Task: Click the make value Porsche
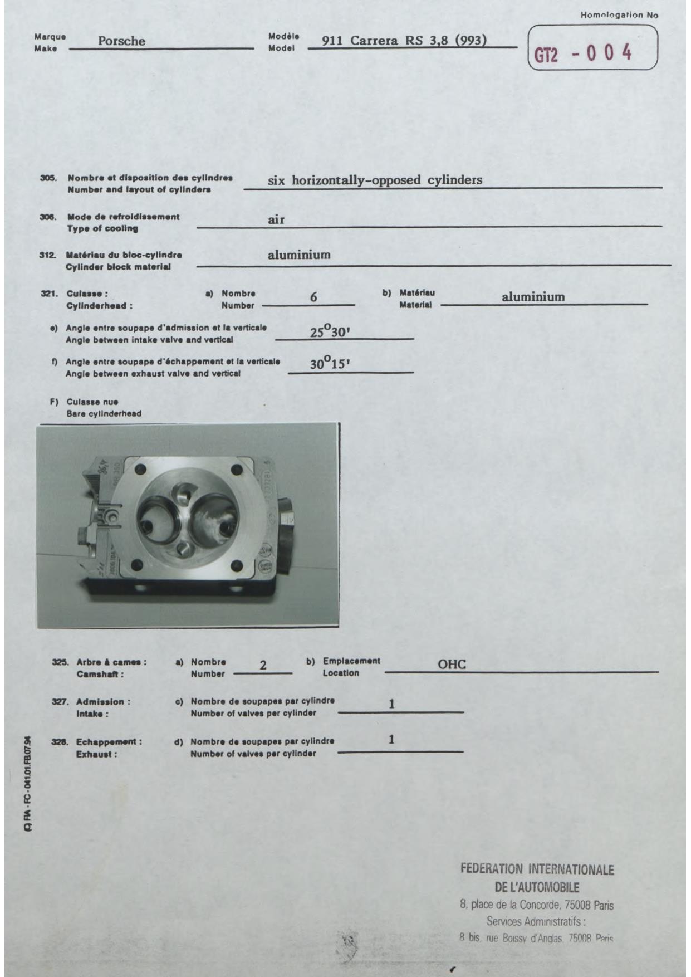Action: pos(121,41)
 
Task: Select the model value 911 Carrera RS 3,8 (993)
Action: pos(404,40)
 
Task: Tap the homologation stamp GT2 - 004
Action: pos(583,53)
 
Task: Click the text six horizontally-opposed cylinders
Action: pos(375,180)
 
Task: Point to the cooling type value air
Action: pos(276,219)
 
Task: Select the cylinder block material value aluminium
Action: pos(299,255)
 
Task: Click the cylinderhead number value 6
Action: pos(313,297)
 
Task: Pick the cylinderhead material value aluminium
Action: pos(533,296)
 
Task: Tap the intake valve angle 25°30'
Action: pos(330,332)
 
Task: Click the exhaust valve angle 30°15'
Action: pos(330,364)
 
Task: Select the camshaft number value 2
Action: pos(263,665)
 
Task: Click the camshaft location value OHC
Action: pos(452,664)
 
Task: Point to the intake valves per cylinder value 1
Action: pos(391,704)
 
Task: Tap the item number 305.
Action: pos(48,178)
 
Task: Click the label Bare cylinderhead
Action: pos(104,413)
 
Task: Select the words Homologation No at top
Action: pos(619,15)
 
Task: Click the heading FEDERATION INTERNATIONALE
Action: pos(537,869)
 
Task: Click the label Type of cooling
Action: pos(102,228)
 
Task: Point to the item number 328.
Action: pos(60,742)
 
